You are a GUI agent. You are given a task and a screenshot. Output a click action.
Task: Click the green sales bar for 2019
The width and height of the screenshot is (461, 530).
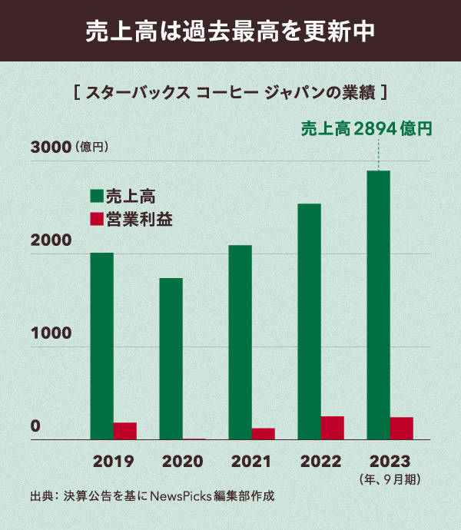tap(101, 346)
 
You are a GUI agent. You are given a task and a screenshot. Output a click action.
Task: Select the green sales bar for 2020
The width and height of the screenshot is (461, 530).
tap(171, 359)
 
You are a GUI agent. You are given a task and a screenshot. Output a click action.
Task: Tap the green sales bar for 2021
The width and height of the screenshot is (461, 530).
tap(240, 343)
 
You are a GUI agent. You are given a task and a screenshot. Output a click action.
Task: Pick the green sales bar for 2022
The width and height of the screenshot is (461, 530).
tap(309, 321)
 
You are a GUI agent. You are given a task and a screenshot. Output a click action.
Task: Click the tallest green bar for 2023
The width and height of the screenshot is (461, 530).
tap(378, 305)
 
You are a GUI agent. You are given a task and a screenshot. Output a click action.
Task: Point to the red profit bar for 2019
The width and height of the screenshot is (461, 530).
tap(124, 431)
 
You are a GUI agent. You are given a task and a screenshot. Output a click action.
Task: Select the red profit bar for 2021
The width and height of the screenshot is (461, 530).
tap(263, 434)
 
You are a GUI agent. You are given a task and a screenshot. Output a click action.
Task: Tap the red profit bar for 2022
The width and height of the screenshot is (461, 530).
tap(332, 428)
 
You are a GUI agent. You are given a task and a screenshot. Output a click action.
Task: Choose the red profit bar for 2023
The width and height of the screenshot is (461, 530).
tap(401, 429)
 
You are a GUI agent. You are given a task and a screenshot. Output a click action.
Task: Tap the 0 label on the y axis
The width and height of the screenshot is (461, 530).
tap(35, 426)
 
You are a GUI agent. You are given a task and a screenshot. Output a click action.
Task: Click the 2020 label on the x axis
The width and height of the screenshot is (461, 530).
tap(182, 462)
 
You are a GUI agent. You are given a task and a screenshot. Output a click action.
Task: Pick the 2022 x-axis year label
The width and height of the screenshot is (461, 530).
tap(320, 462)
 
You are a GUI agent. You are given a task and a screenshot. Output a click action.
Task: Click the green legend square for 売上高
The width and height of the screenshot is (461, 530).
tap(96, 195)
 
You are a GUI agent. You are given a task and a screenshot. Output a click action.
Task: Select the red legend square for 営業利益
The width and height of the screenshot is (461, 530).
tap(96, 219)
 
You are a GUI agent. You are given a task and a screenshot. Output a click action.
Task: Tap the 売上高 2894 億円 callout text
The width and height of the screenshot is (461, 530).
tap(366, 128)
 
